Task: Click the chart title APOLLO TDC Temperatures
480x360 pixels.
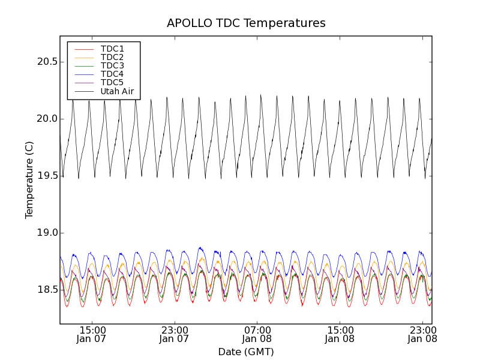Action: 246,23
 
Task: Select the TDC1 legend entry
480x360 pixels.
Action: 112,49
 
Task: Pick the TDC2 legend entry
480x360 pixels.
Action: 112,57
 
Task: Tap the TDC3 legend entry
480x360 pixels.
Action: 112,65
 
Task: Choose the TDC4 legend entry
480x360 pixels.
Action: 112,74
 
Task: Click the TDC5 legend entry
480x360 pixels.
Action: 112,82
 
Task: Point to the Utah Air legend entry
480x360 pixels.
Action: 117,91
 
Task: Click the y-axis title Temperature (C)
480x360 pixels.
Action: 29,180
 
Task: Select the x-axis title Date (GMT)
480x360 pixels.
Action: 246,352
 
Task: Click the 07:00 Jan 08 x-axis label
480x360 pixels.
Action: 257,334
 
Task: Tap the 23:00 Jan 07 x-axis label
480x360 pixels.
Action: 175,334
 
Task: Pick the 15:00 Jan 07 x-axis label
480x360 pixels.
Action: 92,334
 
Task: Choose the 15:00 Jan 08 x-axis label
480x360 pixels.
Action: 340,334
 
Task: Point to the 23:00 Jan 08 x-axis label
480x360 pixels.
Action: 422,334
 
